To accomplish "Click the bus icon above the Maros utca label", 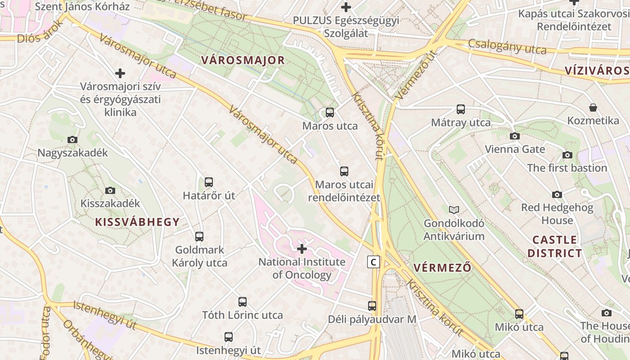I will [330, 112].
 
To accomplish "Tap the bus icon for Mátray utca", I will [460, 109].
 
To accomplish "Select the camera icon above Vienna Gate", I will [514, 136].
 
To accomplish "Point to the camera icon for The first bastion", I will [567, 155].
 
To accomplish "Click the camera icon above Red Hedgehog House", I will [557, 194].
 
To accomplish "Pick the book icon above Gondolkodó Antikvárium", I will [454, 210].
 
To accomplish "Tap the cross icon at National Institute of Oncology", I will [302, 248].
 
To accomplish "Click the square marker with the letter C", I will [373, 261].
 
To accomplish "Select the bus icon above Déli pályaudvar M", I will [372, 306].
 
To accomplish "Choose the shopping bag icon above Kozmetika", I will [593, 108].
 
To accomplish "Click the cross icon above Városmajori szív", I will [120, 73].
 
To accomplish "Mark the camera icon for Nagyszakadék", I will [72, 139].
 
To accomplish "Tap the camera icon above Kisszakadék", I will [110, 190].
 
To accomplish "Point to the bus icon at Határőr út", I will [209, 182].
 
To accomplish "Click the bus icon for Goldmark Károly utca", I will [199, 236].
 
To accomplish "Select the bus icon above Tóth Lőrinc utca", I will [242, 302].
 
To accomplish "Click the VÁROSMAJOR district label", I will [243, 60].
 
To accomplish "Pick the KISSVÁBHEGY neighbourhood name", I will [137, 221].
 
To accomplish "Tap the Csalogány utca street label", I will [507, 46].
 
